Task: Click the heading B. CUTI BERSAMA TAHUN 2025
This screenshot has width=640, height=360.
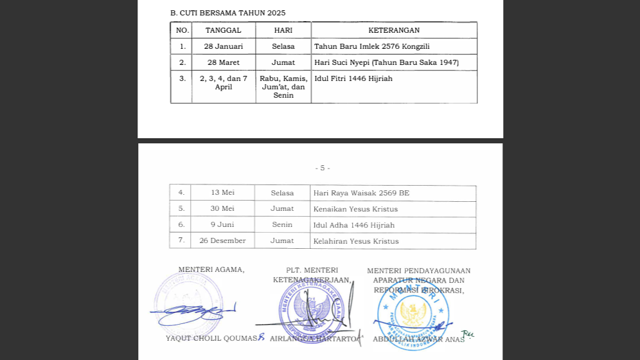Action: click(x=227, y=13)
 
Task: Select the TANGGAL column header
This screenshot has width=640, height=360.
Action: click(x=223, y=30)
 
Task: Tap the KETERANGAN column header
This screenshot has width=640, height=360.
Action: click(x=394, y=30)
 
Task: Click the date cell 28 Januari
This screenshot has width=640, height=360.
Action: click(x=223, y=46)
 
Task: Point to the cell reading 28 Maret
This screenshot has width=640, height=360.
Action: click(x=223, y=62)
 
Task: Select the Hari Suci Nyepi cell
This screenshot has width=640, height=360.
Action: click(x=386, y=62)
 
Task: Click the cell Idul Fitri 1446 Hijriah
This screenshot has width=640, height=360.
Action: click(x=353, y=78)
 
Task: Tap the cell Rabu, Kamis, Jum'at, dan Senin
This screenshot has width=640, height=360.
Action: click(x=283, y=87)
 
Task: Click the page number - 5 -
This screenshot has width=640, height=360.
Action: click(x=323, y=168)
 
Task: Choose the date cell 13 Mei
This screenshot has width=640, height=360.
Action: click(x=222, y=193)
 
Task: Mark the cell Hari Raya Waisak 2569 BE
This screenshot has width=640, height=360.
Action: click(x=361, y=193)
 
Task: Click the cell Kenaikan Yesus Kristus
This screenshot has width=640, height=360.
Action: click(x=355, y=209)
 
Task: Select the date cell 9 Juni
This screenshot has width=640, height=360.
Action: click(x=222, y=225)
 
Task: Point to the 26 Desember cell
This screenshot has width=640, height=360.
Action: click(x=222, y=241)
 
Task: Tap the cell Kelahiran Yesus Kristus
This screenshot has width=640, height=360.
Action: click(x=356, y=241)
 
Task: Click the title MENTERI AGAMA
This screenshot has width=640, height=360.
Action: click(x=211, y=270)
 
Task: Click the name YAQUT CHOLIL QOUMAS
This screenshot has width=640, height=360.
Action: click(x=211, y=338)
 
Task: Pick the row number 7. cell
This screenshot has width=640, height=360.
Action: click(x=181, y=241)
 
